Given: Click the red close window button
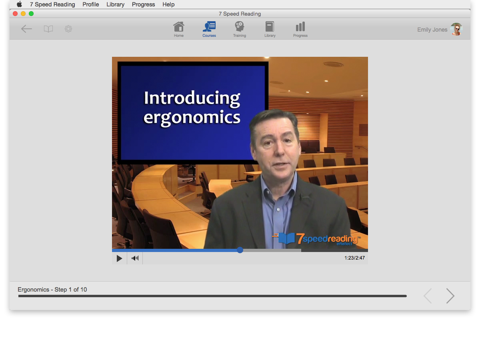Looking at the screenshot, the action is coord(15,14).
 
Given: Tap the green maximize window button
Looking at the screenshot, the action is coord(31,14).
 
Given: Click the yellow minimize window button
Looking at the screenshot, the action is coord(23,14).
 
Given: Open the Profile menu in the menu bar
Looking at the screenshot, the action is coord(90,4).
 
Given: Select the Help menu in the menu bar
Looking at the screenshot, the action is coord(168,4).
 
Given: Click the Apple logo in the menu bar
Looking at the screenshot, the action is coord(20,4).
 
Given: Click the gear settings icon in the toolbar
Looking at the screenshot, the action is coord(68,29).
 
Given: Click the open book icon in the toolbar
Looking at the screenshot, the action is coord(48,29).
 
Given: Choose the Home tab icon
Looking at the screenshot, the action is coord(179,27).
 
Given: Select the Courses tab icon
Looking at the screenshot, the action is coord(209,27).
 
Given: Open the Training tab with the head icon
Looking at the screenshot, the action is coord(240,27).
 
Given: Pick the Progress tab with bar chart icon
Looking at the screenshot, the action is coord(300,27).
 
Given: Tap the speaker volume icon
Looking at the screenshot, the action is coord(135,258).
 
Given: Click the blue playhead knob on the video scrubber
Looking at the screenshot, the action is coord(240,250).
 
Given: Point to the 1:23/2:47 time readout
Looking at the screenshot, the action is coord(354,258).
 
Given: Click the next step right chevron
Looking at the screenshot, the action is coord(450,296).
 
